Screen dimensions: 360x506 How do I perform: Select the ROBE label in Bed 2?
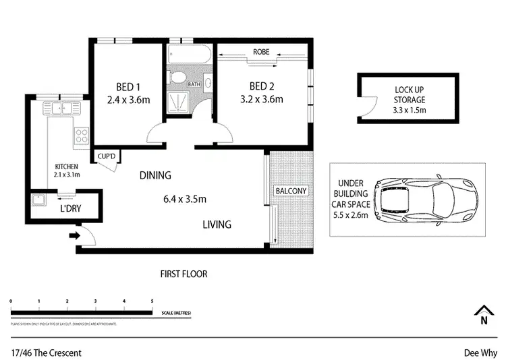coord(261,52)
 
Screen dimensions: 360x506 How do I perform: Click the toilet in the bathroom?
coord(177,78)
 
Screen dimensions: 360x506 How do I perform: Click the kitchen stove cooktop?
coord(82,136)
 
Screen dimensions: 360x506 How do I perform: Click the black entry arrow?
coord(74,236)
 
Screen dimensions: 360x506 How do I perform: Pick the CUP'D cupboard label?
coord(107,156)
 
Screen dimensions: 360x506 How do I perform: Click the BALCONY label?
coord(291,191)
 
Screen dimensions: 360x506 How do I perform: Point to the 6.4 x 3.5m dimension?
coord(184,199)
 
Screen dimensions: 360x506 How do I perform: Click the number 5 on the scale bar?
coord(152,301)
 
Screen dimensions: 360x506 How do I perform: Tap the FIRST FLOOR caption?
coord(184,274)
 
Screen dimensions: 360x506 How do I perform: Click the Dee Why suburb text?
coord(480,352)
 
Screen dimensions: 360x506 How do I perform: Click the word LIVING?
coord(217,224)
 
